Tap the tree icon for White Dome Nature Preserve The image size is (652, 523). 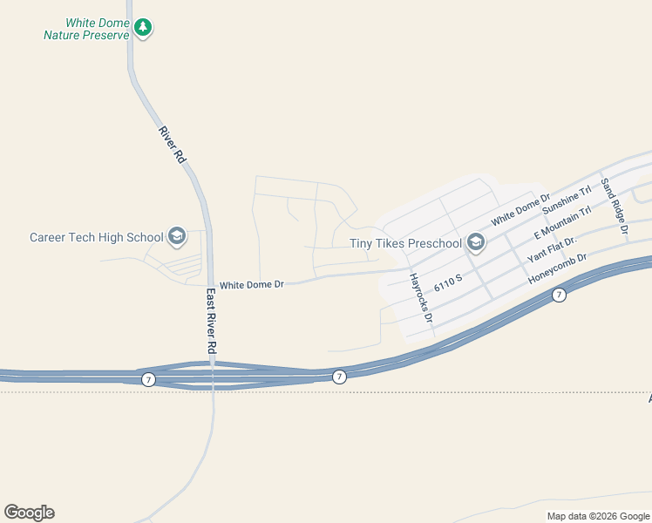144,29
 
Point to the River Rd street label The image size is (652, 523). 173,146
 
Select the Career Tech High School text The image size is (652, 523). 96,237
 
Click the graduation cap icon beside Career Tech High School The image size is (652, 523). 177,236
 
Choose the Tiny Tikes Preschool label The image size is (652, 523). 404,243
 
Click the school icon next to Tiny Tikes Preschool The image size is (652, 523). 475,241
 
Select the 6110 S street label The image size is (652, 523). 446,282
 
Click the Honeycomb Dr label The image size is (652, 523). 559,269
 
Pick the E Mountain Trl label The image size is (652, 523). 561,223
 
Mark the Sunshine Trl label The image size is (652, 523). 567,200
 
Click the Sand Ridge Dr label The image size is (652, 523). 614,210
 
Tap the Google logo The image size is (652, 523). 29,513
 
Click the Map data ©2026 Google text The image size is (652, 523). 597,516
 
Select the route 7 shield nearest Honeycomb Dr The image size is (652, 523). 559,295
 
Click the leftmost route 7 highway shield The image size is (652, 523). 148,379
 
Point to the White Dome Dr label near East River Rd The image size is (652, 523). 252,284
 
